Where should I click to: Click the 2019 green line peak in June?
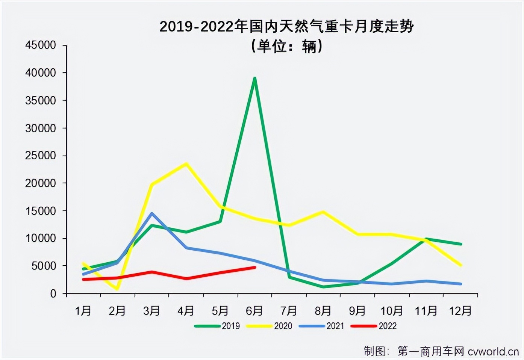255,78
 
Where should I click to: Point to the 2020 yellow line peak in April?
186,163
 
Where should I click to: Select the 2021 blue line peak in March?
151,213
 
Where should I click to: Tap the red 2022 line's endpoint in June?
255,268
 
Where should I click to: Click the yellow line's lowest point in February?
117,289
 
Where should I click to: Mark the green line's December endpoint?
460,244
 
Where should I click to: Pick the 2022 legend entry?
374,326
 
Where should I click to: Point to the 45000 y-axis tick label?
41,45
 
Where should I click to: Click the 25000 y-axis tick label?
41,156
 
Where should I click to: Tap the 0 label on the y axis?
53,293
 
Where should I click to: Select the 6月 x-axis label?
254,311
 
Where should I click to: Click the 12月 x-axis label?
460,311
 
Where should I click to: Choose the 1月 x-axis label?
83,311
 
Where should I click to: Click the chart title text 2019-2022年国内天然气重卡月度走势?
286,27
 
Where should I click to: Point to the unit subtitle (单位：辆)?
286,46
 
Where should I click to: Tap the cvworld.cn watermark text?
493,351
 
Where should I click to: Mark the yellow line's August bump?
323,212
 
